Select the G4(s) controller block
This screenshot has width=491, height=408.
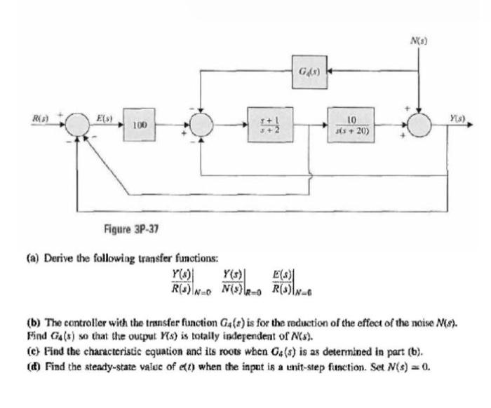[x=307, y=72]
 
